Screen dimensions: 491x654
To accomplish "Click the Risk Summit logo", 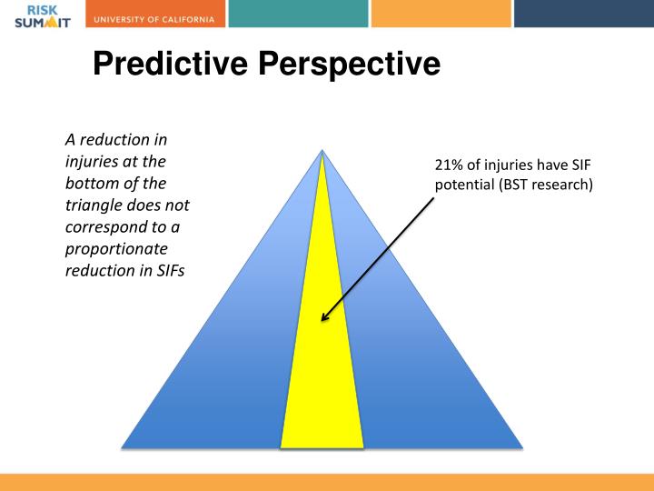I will tap(42, 15).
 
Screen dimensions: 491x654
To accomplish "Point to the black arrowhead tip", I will tap(322, 322).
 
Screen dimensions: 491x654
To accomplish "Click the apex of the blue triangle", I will tap(322, 150).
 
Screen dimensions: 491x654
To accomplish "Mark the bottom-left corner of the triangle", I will tap(123, 447).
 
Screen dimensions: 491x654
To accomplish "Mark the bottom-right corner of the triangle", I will tap(522, 447).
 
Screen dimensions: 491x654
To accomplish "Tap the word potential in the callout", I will tap(461, 185).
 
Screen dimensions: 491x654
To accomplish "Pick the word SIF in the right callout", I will tap(582, 165).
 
